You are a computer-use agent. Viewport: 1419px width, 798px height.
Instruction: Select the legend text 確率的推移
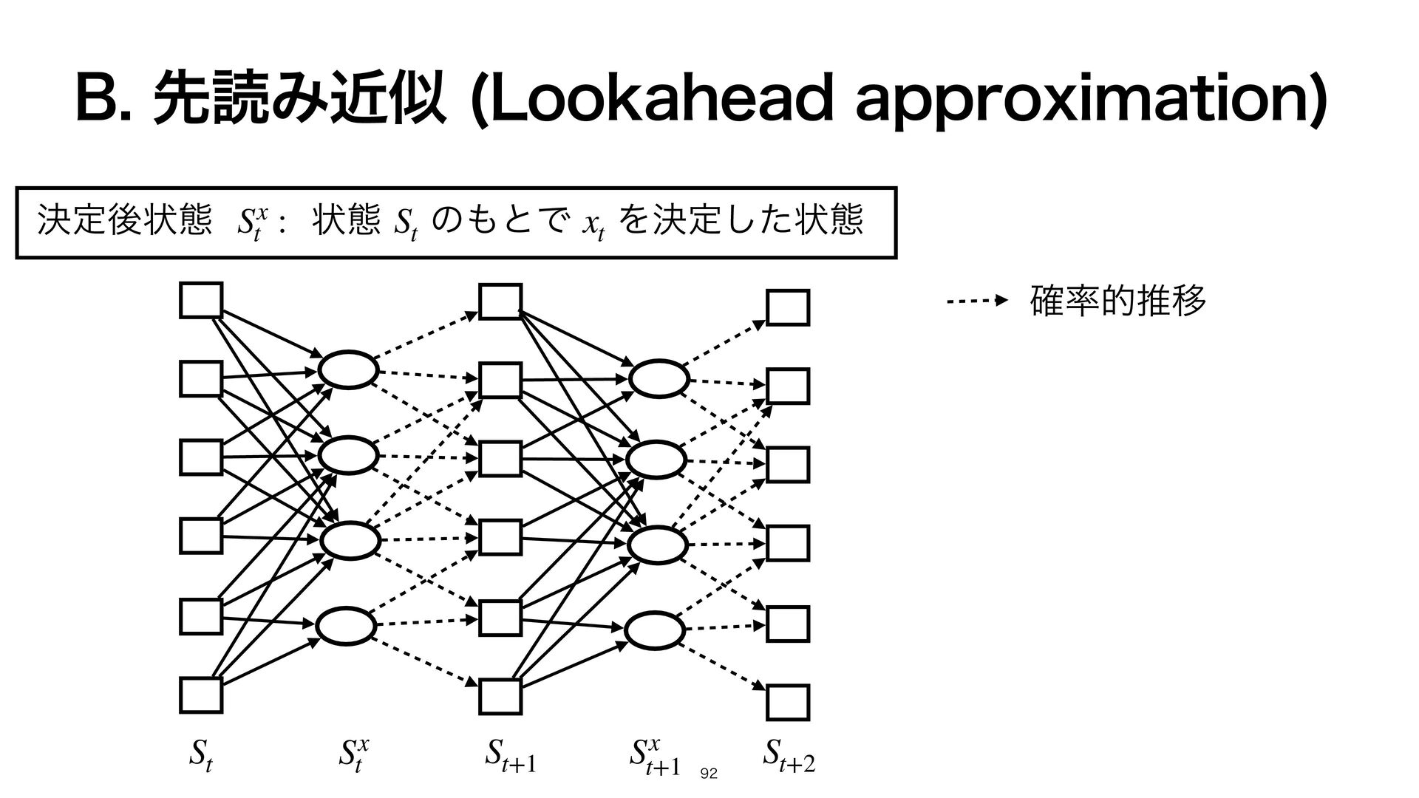1117,301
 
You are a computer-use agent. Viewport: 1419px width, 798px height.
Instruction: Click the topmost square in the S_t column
201,300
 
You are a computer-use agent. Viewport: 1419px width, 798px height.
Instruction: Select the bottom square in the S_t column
201,695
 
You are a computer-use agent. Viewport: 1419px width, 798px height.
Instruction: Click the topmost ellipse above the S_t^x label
348,369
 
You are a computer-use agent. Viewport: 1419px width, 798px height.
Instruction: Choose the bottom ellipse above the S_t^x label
347,625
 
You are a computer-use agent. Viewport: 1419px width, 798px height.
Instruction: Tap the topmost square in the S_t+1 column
500,301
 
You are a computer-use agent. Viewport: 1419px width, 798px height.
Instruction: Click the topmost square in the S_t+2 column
788,307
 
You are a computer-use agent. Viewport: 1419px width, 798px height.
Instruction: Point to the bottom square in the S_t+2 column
788,703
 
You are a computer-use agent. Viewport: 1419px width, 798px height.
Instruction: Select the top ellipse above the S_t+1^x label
659,378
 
